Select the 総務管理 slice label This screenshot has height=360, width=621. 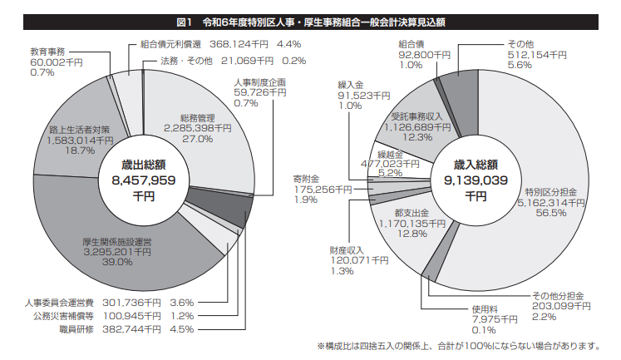[x=196, y=117]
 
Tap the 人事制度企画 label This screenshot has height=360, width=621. [x=260, y=82]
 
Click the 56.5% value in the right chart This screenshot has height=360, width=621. [x=550, y=213]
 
